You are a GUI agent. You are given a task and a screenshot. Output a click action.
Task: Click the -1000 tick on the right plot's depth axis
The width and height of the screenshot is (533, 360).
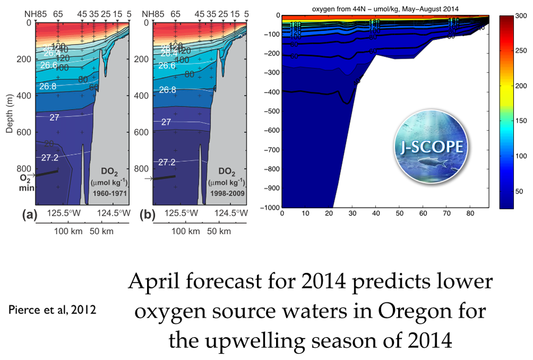coord(270,207)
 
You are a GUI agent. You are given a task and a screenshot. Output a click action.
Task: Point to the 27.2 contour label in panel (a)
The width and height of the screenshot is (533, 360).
coord(51,157)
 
